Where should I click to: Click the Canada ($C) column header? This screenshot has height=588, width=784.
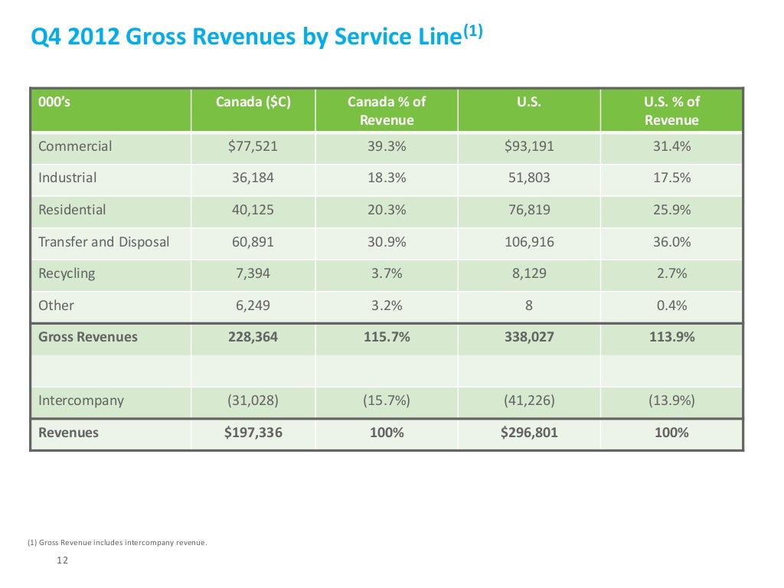253,102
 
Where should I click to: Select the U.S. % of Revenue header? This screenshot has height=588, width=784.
671,111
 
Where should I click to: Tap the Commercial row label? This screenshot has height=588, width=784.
75,146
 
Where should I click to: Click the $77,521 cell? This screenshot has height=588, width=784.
253,146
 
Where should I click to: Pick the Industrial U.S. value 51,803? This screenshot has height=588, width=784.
529,178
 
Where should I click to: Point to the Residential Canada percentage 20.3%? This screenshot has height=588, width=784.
387,210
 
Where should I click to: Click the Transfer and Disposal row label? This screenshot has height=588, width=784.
104,242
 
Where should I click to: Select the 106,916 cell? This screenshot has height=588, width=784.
529,242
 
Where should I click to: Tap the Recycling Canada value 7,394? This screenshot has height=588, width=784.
253,273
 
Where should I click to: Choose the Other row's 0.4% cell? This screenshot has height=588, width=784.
671,305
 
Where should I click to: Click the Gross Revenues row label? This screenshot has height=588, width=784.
88,337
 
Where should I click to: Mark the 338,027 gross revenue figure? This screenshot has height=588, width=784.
529,337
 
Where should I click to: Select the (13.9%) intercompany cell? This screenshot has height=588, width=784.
671,400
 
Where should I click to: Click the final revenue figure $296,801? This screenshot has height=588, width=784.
529,433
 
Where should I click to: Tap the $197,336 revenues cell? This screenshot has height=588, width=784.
253,433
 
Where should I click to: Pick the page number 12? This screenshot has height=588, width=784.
63,560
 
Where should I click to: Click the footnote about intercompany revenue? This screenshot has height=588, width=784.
117,544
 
